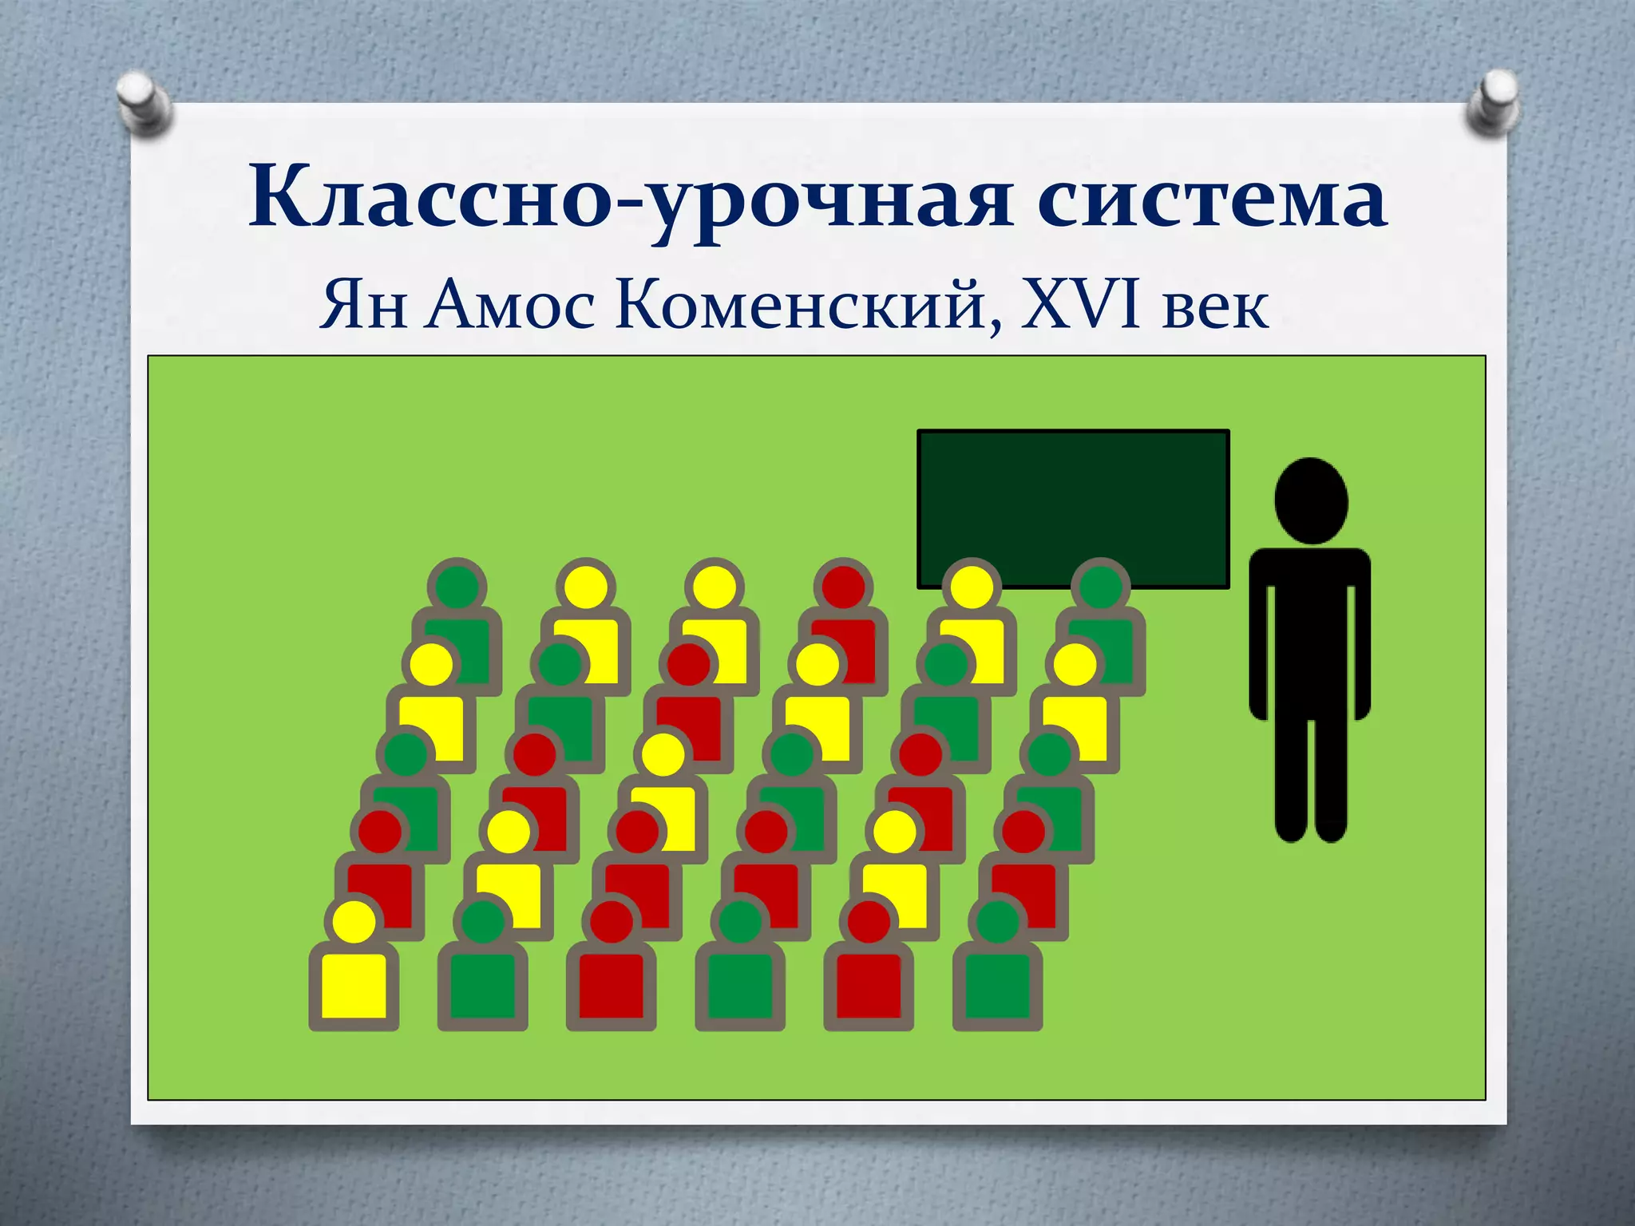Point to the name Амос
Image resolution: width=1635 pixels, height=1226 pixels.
[509, 306]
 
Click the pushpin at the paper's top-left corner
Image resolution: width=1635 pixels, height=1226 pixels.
[144, 100]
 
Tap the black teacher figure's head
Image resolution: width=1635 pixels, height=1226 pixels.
[1311, 501]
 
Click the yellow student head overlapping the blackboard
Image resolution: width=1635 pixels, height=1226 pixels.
[972, 587]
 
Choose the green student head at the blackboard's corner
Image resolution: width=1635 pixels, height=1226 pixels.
[1101, 587]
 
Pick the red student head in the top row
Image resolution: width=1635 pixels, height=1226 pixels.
[843, 587]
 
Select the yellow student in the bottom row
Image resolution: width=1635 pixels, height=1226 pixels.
[354, 970]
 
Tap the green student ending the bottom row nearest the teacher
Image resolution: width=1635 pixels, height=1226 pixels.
[998, 970]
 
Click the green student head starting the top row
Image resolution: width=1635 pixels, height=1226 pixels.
[457, 587]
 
